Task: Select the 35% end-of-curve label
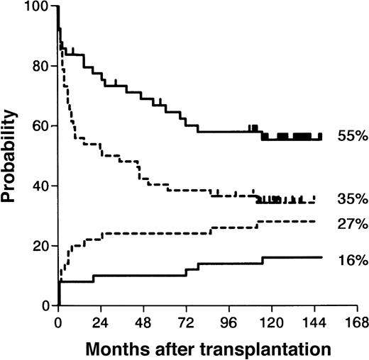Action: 347,198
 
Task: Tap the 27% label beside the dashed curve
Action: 347,224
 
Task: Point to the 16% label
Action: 347,261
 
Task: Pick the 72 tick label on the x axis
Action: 187,320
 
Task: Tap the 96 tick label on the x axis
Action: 229,320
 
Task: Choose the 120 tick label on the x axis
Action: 271,320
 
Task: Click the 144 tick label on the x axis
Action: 314,320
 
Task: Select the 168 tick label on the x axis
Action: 356,320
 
